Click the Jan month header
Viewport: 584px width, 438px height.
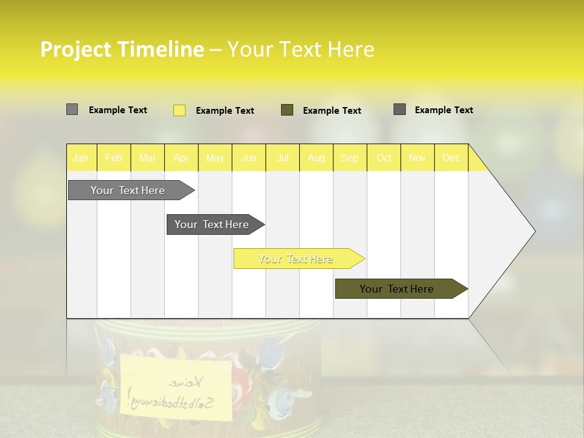pyautogui.click(x=80, y=158)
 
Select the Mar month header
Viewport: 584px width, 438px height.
pyautogui.click(x=147, y=158)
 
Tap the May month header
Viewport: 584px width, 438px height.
pyautogui.click(x=215, y=158)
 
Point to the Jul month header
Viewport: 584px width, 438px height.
pyautogui.click(x=282, y=158)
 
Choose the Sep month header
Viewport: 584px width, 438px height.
pyautogui.click(x=349, y=158)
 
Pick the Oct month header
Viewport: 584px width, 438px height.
pyautogui.click(x=384, y=158)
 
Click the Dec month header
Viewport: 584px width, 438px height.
pyautogui.click(x=451, y=158)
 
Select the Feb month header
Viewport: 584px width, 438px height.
pyautogui.click(x=114, y=158)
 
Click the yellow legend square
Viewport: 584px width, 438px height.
pyautogui.click(x=179, y=110)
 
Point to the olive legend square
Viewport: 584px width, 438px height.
pyautogui.click(x=287, y=110)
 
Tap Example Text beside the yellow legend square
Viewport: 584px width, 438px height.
pyautogui.click(x=225, y=111)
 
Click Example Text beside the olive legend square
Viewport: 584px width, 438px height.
pyautogui.click(x=332, y=111)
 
